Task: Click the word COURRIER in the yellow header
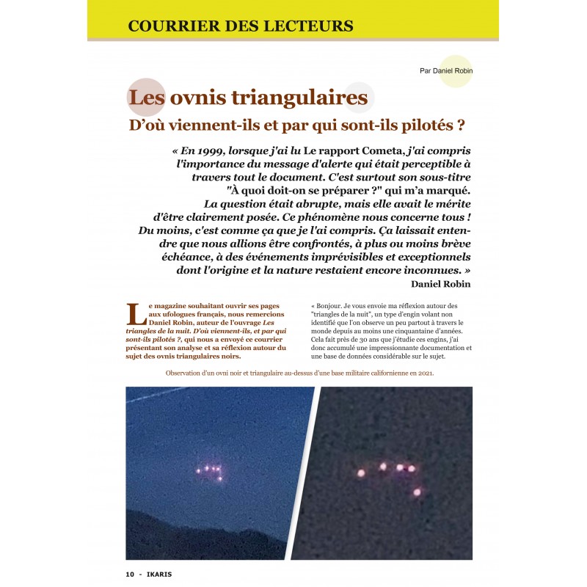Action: [x=170, y=26]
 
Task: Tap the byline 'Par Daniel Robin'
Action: [x=445, y=71]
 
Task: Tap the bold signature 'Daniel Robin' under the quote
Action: [x=440, y=284]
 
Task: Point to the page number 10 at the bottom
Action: [x=129, y=574]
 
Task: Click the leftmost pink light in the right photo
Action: [x=360, y=473]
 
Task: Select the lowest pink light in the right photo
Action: [x=417, y=492]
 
